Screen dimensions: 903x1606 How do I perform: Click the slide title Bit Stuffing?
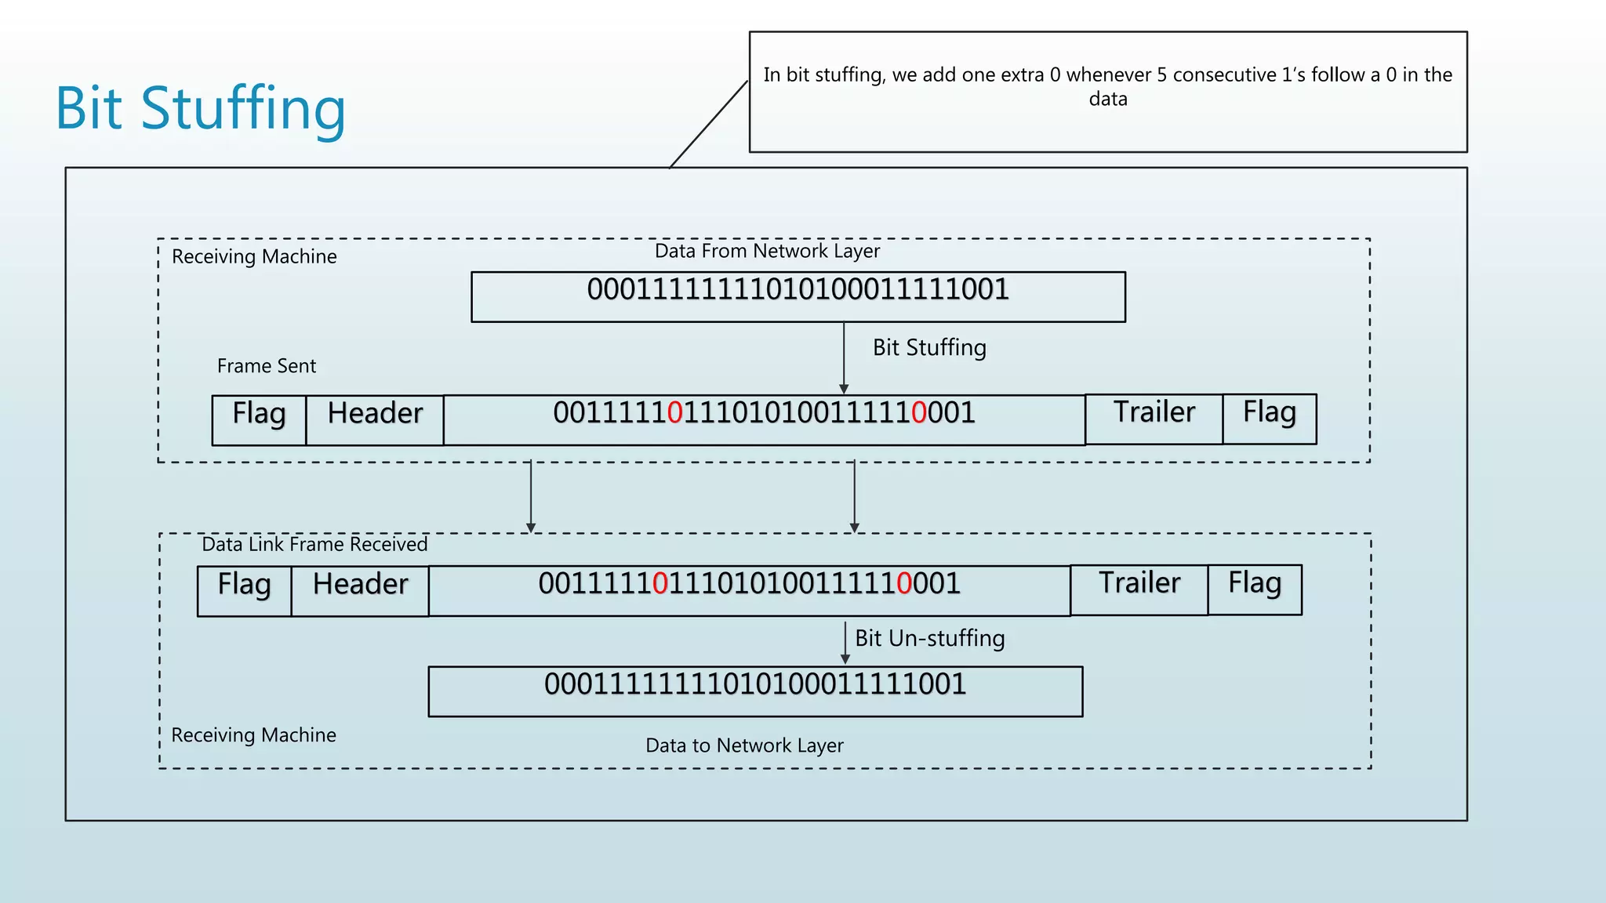click(201, 108)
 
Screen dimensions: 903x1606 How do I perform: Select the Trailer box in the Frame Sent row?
click(1154, 418)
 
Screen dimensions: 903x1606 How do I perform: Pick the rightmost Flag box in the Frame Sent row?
click(1269, 418)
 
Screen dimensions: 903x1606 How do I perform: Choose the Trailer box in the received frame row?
click(1139, 589)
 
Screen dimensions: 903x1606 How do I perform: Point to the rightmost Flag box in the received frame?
click(1254, 589)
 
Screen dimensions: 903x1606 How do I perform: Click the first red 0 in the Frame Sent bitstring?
click(675, 413)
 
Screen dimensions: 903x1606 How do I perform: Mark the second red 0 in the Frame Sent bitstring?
click(919, 413)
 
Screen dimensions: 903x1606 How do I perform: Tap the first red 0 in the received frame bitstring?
click(660, 584)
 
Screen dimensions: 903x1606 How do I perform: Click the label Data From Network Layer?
click(767, 251)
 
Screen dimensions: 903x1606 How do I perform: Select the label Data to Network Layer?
click(744, 745)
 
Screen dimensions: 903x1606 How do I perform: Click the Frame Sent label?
click(266, 366)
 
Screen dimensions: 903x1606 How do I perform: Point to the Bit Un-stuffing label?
click(929, 638)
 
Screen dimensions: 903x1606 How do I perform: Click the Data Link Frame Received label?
click(314, 544)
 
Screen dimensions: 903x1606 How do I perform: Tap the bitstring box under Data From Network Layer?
click(798, 297)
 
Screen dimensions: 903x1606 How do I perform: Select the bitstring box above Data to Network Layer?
click(754, 691)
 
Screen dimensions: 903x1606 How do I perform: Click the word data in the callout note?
click(1107, 100)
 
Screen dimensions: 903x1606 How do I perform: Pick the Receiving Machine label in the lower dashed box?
click(253, 735)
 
